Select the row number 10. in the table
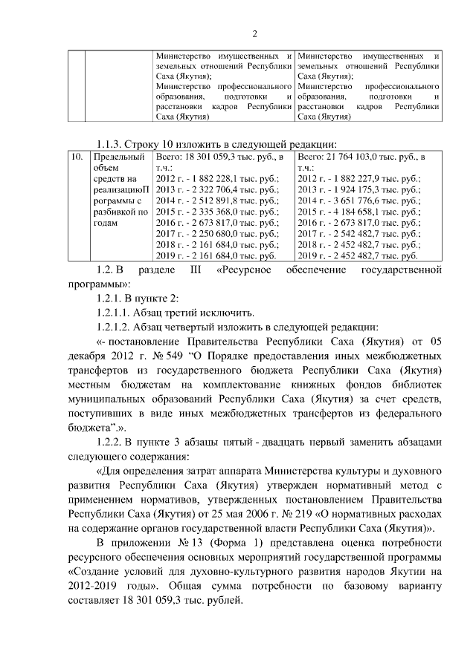point(75,157)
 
